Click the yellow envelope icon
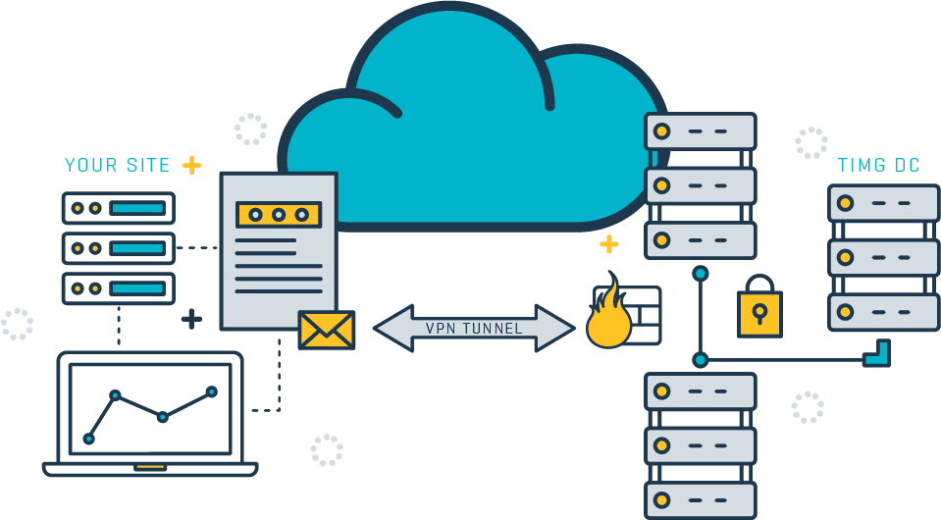(327, 330)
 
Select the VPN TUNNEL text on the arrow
(474, 328)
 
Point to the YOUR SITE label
(118, 165)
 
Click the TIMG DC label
(878, 165)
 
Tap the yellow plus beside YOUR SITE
(191, 165)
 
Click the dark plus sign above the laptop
(191, 319)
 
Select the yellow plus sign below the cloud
(608, 244)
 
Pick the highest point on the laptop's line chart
(211, 391)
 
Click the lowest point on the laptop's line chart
(89, 439)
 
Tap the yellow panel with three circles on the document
(279, 215)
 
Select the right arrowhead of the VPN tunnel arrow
(555, 328)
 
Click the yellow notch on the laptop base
(150, 467)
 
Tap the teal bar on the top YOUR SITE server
(137, 208)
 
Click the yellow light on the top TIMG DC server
(845, 203)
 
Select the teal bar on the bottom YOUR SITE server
(137, 288)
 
